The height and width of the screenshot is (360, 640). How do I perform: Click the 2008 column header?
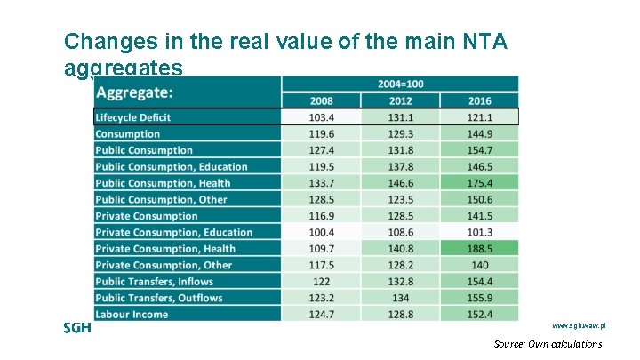[x=322, y=100]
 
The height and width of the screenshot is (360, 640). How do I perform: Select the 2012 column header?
[x=401, y=100]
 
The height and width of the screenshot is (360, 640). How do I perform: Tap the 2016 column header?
[x=479, y=100]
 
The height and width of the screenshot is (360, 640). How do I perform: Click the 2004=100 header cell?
[x=400, y=84]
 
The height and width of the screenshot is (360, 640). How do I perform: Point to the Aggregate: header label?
[x=134, y=92]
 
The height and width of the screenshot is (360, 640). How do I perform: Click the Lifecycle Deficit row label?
[x=133, y=117]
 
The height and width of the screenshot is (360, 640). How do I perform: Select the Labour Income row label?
[x=132, y=315]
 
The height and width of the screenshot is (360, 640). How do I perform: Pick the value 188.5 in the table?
[x=479, y=249]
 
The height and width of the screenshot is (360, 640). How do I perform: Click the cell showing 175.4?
[x=479, y=183]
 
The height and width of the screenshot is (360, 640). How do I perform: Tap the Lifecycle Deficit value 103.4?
[x=322, y=117]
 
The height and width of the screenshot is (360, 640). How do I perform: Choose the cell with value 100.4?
[x=322, y=233]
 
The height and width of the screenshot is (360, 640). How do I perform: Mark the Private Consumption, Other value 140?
[x=479, y=265]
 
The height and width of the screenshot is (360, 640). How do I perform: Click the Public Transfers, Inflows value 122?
[x=322, y=282]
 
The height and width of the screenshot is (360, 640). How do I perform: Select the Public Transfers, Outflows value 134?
[x=401, y=298]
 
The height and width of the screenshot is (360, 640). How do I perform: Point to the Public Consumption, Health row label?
[x=163, y=183]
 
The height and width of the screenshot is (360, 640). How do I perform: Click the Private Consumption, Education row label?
[x=173, y=233]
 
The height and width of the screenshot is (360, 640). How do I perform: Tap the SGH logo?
[x=77, y=327]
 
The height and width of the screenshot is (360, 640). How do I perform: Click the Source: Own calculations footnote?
[x=548, y=344]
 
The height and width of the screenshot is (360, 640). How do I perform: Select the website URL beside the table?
[x=578, y=328]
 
